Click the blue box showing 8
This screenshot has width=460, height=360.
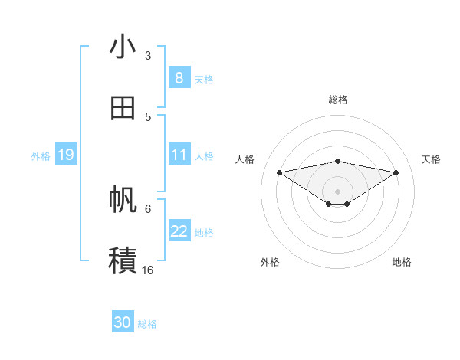tap(179, 77)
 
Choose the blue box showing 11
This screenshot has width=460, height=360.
tap(179, 155)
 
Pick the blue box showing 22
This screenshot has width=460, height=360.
tap(179, 231)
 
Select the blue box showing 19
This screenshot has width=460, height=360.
tap(66, 155)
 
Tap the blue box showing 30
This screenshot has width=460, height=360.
tap(123, 322)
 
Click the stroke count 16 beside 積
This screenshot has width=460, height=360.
tap(147, 270)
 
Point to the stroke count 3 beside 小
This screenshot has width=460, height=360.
tap(148, 55)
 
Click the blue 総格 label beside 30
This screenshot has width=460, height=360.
tap(147, 324)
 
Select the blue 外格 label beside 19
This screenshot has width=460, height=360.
tap(41, 155)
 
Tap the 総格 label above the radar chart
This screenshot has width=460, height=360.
tap(338, 100)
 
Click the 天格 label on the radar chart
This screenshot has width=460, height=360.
tap(431, 159)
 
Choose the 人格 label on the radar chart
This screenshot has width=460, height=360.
tap(245, 159)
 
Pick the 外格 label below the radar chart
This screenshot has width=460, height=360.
tap(270, 262)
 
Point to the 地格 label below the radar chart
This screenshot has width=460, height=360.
tap(402, 262)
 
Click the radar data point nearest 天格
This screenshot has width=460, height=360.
tap(396, 172)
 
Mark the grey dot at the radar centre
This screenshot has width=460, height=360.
tap(338, 191)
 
